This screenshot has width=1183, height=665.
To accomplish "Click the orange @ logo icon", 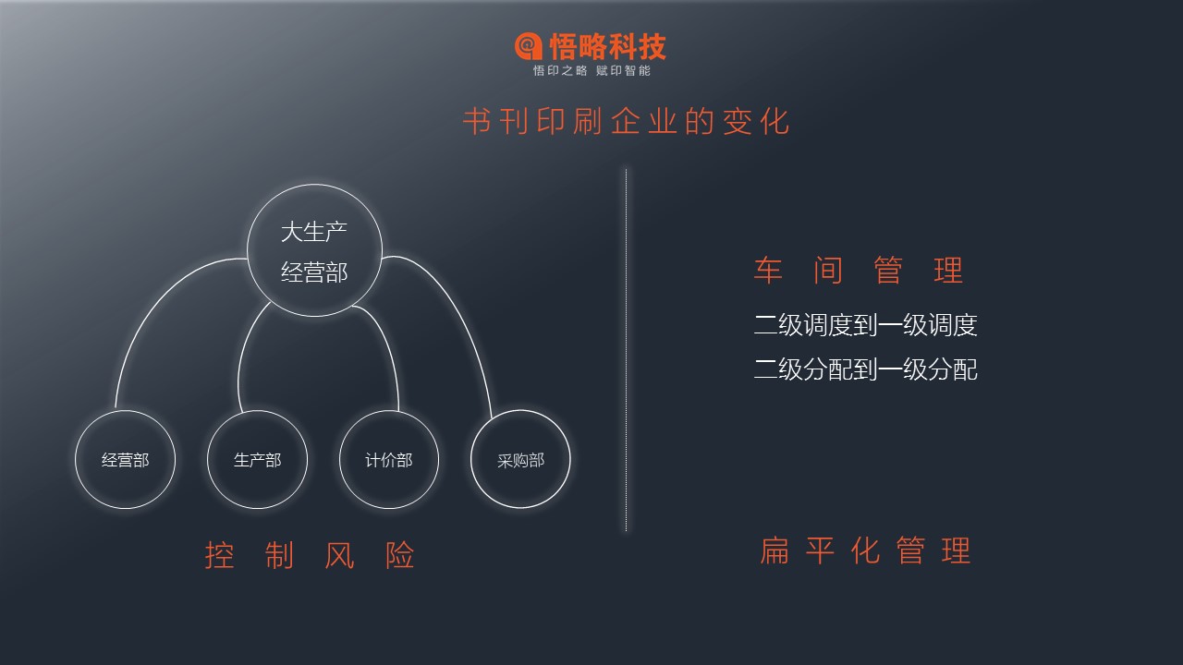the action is tap(528, 46).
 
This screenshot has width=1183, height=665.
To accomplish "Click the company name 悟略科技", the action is tap(608, 46).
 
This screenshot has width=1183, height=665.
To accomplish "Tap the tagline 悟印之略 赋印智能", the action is tap(591, 71).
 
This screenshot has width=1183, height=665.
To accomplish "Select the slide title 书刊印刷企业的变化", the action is tap(626, 121).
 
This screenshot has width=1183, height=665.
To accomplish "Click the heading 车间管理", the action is tap(859, 271).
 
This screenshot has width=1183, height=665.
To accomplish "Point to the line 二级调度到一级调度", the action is tap(866, 324).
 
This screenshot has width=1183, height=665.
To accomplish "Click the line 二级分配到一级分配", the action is tap(866, 369).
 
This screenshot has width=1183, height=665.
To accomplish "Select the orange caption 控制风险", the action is tap(310, 555).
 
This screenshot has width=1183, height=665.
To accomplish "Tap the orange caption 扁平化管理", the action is tap(866, 550).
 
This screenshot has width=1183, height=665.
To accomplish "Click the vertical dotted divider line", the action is tap(627, 350).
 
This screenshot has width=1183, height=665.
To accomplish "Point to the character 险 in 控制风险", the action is tap(400, 555).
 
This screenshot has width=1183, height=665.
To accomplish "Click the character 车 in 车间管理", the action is tap(768, 271).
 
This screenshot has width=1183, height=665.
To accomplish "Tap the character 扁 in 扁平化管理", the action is tap(774, 550).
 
